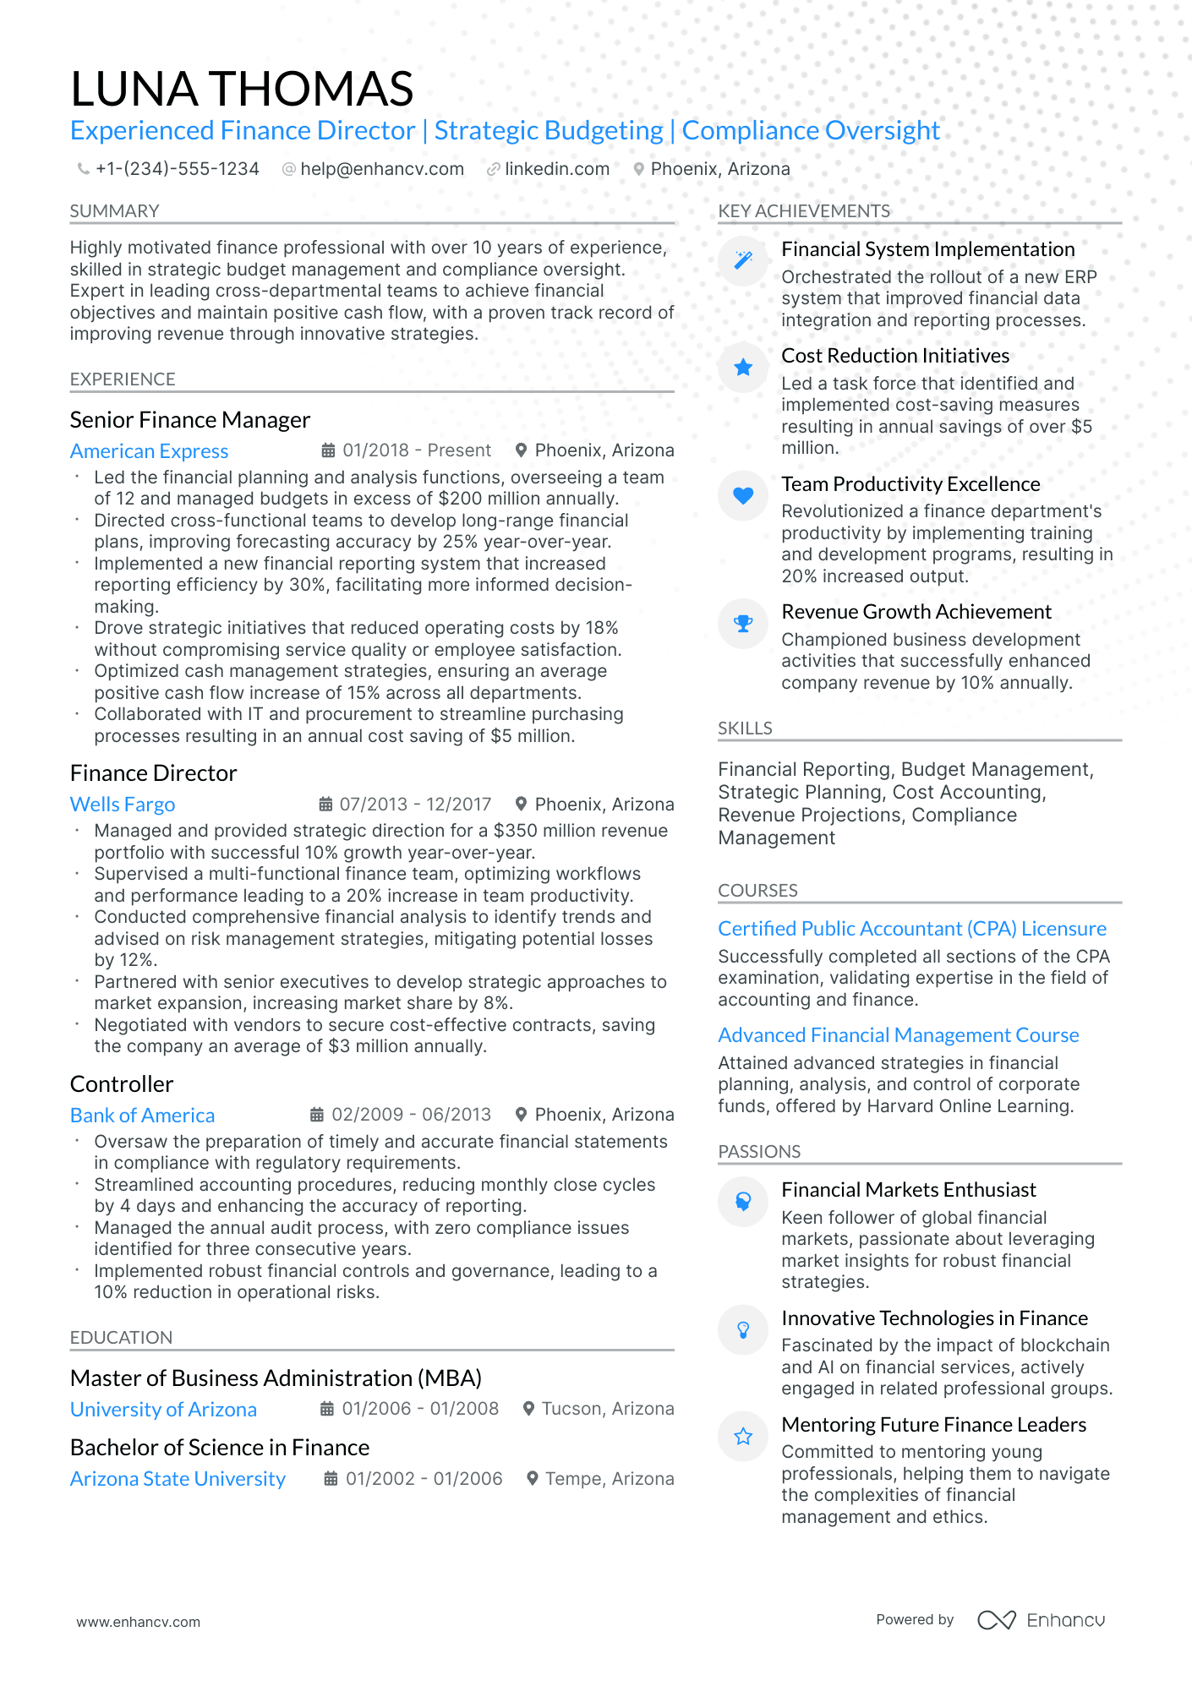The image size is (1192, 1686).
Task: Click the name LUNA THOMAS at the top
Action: pos(242,89)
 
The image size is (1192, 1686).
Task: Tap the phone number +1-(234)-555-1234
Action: pos(177,169)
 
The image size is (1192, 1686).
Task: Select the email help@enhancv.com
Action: pos(381,169)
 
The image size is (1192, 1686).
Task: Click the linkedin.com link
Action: pos(556,169)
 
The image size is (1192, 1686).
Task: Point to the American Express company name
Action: pos(149,451)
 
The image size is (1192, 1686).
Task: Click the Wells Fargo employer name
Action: pos(123,805)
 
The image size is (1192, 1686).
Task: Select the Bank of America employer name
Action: pos(142,1116)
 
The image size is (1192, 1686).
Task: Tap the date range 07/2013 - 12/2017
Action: pos(414,805)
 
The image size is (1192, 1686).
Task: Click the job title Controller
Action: pos(121,1084)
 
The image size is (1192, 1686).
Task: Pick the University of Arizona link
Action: pos(163,1410)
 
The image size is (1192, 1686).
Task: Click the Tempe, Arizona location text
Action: pos(609,1479)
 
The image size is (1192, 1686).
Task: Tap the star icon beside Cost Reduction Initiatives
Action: pos(743,368)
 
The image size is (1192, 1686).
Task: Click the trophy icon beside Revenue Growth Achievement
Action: pos(743,624)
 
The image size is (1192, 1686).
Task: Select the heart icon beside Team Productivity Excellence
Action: pos(743,496)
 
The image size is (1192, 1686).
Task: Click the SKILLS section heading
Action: pos(745,728)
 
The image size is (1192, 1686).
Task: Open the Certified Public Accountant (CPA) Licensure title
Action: pos(911,929)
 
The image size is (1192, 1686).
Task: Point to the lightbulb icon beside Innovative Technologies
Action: pos(743,1330)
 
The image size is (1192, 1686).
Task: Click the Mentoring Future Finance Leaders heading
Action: pos(933,1425)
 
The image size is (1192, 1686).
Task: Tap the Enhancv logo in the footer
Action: pos(1041,1620)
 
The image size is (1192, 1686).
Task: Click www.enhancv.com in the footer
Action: pos(138,1622)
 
